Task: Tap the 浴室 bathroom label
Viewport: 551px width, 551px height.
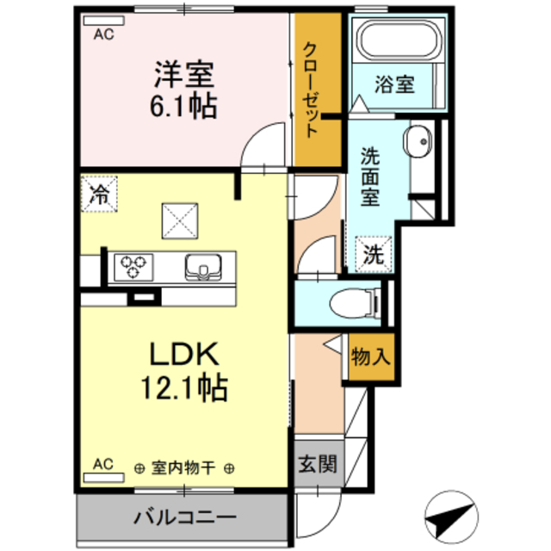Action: click(394, 84)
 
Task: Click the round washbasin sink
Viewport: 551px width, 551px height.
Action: click(418, 143)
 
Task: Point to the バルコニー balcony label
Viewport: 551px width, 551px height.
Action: click(184, 518)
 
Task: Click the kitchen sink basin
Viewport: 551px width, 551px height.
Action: click(203, 268)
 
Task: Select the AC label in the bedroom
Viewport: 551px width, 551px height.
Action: click(103, 34)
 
